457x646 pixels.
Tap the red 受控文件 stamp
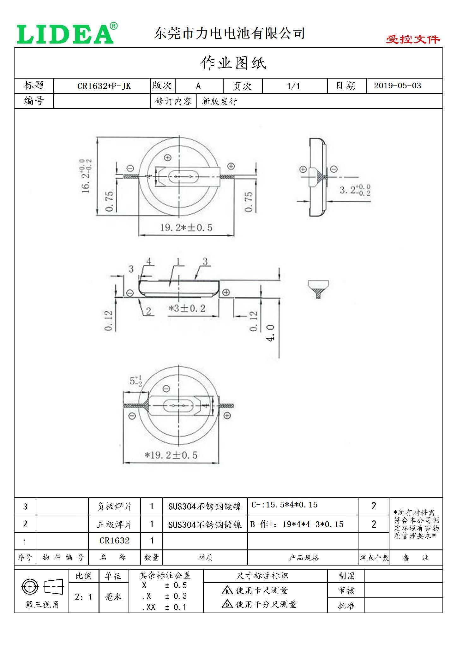point(412,39)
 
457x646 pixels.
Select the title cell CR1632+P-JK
point(104,86)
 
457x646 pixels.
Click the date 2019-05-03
point(397,86)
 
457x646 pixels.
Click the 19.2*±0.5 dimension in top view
point(186,227)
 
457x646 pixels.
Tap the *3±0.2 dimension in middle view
point(187,308)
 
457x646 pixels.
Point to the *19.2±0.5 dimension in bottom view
point(171,455)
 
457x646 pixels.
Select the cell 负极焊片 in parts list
point(114,507)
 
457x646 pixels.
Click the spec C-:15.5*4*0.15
point(284,505)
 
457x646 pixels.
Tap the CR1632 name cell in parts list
point(114,541)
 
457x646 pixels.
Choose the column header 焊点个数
point(373,558)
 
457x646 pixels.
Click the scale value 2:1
point(84,597)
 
